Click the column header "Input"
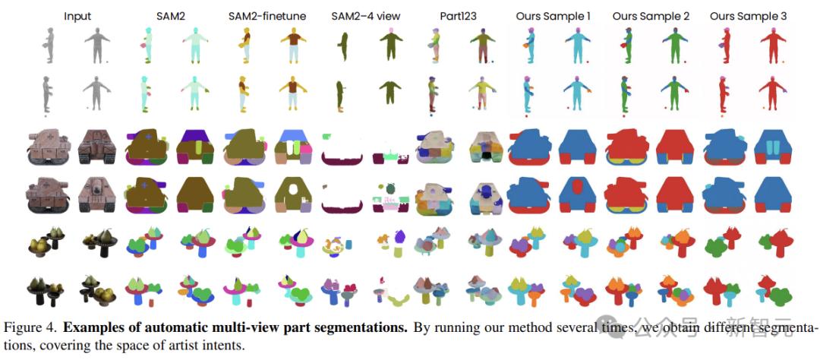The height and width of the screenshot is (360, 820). pyautogui.click(x=77, y=16)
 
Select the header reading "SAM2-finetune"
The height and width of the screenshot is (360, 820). pyautogui.click(x=267, y=16)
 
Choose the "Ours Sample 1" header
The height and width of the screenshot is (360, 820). pyautogui.click(x=553, y=16)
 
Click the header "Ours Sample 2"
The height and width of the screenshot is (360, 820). pyautogui.click(x=651, y=16)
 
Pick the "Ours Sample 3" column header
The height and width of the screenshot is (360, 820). pyautogui.click(x=749, y=16)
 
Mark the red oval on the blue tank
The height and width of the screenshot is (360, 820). pyautogui.click(x=578, y=186)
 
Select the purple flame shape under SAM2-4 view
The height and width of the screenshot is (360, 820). pyautogui.click(x=400, y=237)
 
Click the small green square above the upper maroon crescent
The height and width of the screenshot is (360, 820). pyautogui.click(x=326, y=136)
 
